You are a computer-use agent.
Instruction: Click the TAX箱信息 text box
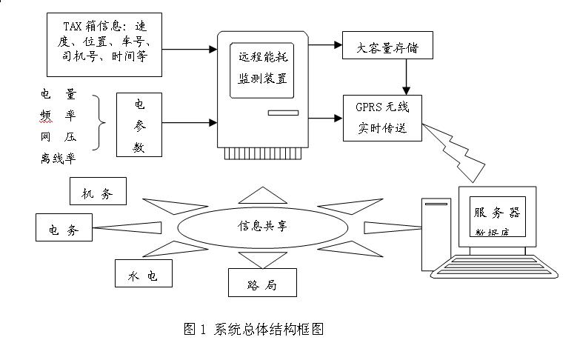coord(104,44)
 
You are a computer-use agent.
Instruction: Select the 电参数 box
coord(139,125)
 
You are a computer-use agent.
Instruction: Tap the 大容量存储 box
coord(387,49)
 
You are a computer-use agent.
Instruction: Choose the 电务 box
coord(64,227)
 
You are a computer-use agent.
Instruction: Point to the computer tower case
coord(436,233)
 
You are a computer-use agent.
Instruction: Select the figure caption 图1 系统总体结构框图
coord(253,329)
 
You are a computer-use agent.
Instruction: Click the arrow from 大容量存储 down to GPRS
coord(406,77)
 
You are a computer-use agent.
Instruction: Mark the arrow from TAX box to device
coord(188,50)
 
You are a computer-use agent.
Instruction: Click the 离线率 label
coord(58,157)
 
